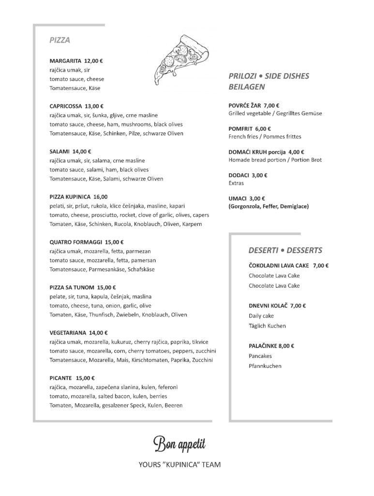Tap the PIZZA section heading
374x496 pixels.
tap(60, 41)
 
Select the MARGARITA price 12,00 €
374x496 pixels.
tap(94, 62)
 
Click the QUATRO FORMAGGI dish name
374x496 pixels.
tap(75, 242)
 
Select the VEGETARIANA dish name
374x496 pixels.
tap(68, 333)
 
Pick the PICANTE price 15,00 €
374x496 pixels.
tap(85, 378)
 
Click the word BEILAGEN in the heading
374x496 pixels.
tap(246, 88)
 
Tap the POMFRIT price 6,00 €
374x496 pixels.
tap(262, 129)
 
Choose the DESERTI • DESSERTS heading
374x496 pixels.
tap(285, 250)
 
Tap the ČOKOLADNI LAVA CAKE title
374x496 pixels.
tap(279, 265)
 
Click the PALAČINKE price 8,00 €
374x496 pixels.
tap(286, 346)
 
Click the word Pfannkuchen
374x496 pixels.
tap(265, 366)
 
